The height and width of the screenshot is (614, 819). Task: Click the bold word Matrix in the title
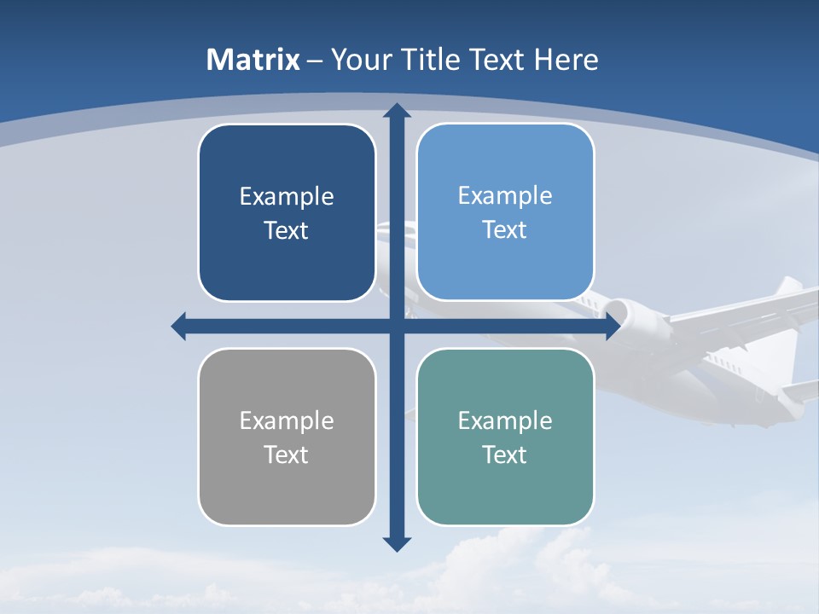click(253, 60)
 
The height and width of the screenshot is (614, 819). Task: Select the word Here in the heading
click(566, 60)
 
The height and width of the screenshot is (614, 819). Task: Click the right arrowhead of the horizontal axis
click(613, 327)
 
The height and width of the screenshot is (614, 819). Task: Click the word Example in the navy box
click(287, 197)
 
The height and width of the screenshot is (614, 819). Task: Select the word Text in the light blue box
click(505, 230)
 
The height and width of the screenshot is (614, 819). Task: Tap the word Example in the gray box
click(287, 421)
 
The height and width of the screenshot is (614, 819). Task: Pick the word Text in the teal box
click(505, 455)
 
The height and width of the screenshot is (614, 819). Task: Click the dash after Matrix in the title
click(315, 61)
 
